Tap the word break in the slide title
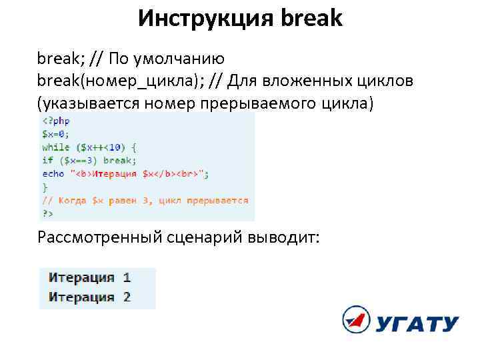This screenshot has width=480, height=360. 312,18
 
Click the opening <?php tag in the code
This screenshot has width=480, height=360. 56,121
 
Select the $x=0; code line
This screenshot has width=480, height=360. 56,133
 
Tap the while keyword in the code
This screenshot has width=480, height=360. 56,147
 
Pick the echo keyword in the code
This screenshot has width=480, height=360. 53,173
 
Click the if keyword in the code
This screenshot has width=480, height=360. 47,160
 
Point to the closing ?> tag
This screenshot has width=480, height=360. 47,213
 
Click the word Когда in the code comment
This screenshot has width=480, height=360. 71,200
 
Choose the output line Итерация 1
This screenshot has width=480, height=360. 89,277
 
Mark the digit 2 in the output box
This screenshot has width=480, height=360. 127,297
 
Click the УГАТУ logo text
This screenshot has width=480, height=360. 416,325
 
